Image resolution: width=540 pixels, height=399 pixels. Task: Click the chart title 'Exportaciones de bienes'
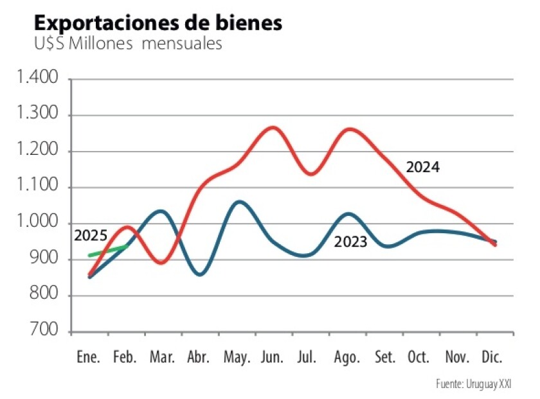pos(157,23)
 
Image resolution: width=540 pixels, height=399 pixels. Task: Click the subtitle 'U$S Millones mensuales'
pos(128,44)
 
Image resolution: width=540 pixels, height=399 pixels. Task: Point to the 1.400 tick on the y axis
pos(38,79)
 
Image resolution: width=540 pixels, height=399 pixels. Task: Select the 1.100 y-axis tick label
pos(38,188)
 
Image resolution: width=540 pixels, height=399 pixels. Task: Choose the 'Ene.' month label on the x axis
pos(88,357)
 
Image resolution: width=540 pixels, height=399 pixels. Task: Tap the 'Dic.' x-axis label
pos(491,357)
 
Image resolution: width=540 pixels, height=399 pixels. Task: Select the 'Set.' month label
pos(385,357)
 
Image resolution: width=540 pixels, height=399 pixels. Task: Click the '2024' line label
pos(422,168)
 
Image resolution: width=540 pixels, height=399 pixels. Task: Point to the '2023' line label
pos(350,242)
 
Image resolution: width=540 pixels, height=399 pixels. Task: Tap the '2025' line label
pos(91,235)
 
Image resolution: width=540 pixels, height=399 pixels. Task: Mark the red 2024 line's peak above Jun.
pos(273,127)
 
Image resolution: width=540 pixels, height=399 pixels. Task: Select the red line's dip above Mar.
pos(161,263)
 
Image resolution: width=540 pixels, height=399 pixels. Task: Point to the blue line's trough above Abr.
pos(200,274)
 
